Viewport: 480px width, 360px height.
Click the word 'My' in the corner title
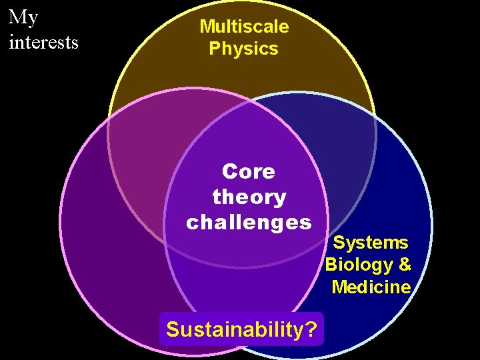click(23, 17)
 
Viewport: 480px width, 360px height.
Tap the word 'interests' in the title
click(43, 42)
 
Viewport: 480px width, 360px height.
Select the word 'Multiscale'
click(244, 27)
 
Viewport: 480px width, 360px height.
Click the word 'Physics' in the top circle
click(243, 49)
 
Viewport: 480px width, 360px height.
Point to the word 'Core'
click(248, 172)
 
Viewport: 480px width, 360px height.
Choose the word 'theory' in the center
click(249, 197)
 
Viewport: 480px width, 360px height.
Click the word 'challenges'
click(249, 222)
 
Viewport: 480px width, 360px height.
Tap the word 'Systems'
click(371, 242)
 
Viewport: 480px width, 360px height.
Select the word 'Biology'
click(359, 265)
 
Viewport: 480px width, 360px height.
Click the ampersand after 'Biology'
click(404, 265)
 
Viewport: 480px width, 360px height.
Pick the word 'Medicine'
click(371, 287)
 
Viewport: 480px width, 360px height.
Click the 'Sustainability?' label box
click(241, 329)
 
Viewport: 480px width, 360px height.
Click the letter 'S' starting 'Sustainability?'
click(173, 329)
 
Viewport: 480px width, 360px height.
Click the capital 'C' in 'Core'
click(229, 172)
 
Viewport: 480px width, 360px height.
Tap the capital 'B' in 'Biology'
click(331, 265)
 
